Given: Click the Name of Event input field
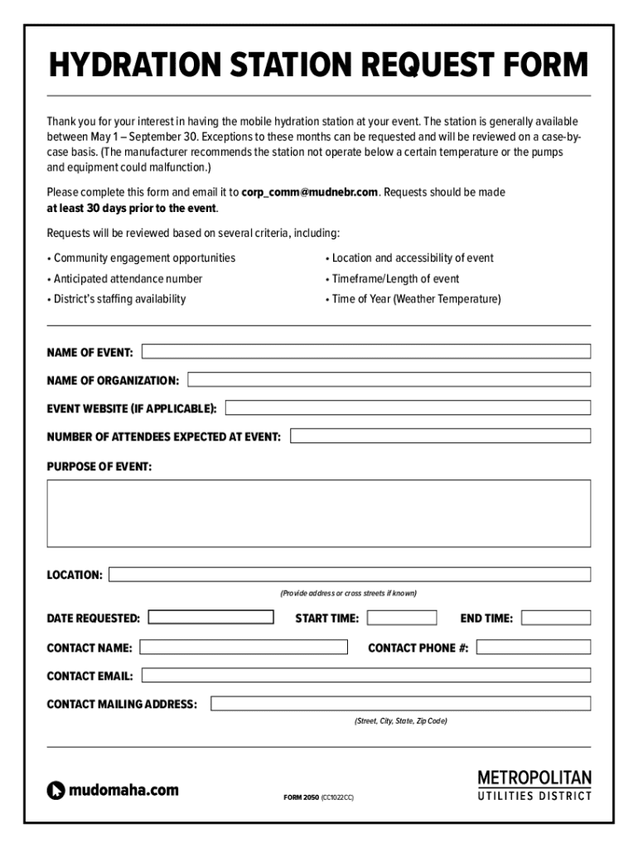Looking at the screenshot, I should point(366,351).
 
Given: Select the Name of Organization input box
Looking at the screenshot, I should point(389,379).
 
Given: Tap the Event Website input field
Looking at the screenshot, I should point(408,407).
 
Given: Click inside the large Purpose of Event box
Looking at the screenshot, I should point(319,513).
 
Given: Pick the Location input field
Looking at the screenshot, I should point(350,574).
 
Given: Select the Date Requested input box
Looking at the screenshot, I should point(210,617).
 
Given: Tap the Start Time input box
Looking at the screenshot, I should point(402,617).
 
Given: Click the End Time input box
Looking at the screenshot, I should point(556,617).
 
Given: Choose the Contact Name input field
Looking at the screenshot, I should point(244,647).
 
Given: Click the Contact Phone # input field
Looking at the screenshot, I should point(534,647).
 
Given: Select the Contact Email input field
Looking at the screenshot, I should point(366,676).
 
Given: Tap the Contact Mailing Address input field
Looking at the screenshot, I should point(401,703).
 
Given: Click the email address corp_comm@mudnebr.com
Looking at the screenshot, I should point(310,192).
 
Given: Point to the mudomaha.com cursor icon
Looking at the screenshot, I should point(56,791).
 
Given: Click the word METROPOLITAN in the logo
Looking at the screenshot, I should point(534,778).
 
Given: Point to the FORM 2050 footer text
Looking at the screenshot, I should point(301,797).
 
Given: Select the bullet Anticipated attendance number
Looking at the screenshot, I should point(128,279).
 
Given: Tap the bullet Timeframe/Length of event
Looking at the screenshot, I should point(395,279).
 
